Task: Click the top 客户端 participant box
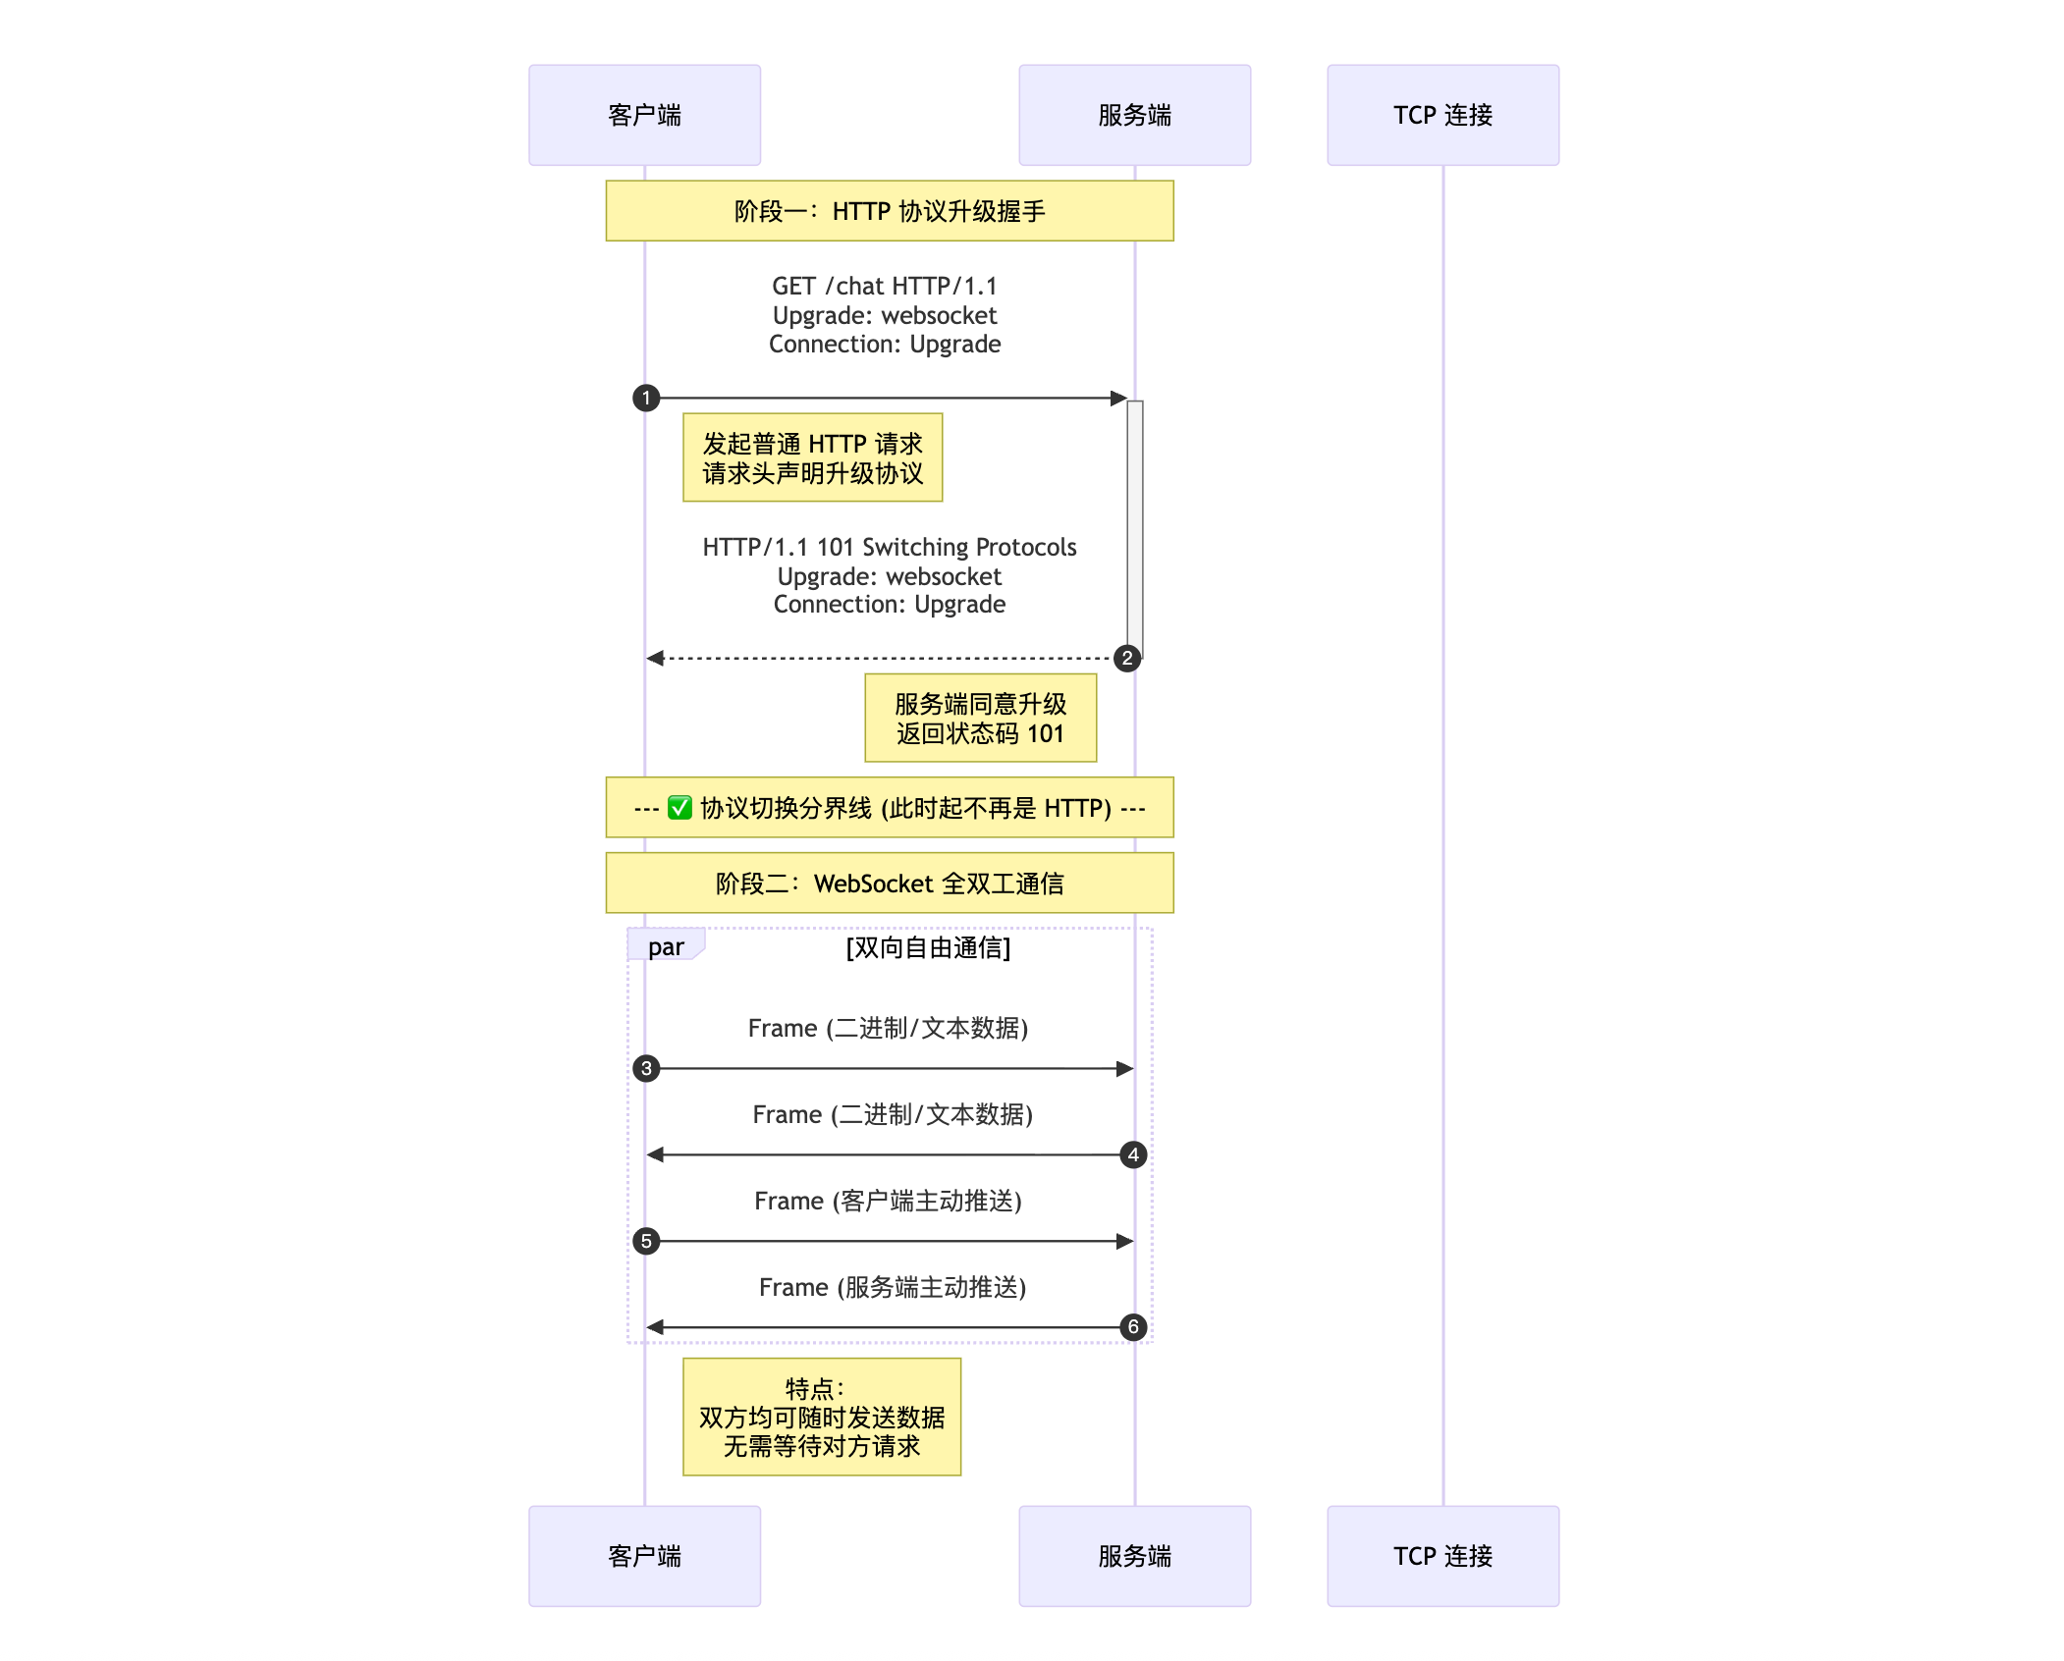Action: (x=644, y=115)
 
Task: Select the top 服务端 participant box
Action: (x=1134, y=115)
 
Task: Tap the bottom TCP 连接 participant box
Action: (x=1442, y=1556)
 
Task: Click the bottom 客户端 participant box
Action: (x=644, y=1556)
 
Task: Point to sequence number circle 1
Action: (x=646, y=398)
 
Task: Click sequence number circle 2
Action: (x=1127, y=658)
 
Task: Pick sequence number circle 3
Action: (x=646, y=1068)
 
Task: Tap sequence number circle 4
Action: (x=1133, y=1154)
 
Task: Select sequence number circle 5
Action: (x=646, y=1241)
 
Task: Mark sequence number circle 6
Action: (x=1133, y=1327)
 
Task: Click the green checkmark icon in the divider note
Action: (x=679, y=808)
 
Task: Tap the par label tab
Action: (x=666, y=946)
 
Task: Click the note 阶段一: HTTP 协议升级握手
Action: (x=890, y=211)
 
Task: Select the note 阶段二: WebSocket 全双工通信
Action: (x=890, y=884)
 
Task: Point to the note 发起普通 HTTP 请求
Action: (x=813, y=457)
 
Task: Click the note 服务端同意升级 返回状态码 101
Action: (x=980, y=718)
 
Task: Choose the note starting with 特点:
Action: (x=822, y=1417)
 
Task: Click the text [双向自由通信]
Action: (x=928, y=947)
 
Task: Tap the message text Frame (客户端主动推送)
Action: (x=888, y=1201)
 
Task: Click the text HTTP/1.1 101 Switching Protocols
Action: (x=890, y=547)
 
